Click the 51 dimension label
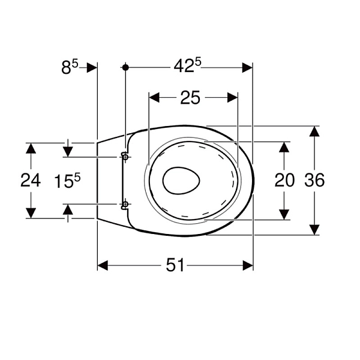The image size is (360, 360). point(175,265)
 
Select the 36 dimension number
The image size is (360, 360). point(314,180)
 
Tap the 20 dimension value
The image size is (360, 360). point(284,180)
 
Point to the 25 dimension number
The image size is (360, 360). point(190,98)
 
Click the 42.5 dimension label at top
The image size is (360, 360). point(187,65)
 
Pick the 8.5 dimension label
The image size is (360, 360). point(70,67)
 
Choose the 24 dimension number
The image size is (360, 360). point(31,180)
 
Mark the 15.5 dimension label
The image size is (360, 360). point(67,181)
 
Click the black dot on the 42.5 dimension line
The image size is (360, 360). point(125,67)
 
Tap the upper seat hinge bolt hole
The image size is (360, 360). point(125,157)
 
